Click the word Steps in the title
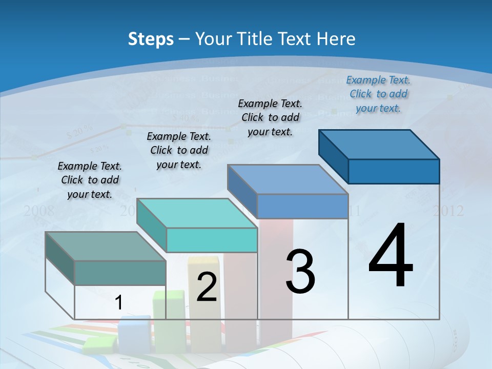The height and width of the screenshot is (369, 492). [x=150, y=38]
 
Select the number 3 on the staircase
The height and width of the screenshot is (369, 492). [x=300, y=272]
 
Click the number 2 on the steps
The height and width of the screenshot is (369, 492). [x=207, y=287]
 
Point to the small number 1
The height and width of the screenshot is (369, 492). [x=119, y=302]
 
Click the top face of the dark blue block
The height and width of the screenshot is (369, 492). [x=379, y=145]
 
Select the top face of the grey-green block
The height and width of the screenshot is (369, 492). [x=105, y=247]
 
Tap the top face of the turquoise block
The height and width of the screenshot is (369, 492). [x=197, y=213]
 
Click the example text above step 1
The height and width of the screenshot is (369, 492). [x=90, y=180]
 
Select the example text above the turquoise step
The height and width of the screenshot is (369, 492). [x=179, y=150]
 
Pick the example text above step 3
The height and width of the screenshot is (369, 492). [x=270, y=117]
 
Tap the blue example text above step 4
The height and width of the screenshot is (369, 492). [x=378, y=94]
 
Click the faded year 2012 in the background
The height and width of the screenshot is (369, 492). [x=448, y=211]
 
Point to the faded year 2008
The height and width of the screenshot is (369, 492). [x=38, y=210]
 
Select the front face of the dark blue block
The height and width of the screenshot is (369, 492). [x=394, y=171]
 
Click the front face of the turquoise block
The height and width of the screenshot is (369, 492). [x=212, y=240]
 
